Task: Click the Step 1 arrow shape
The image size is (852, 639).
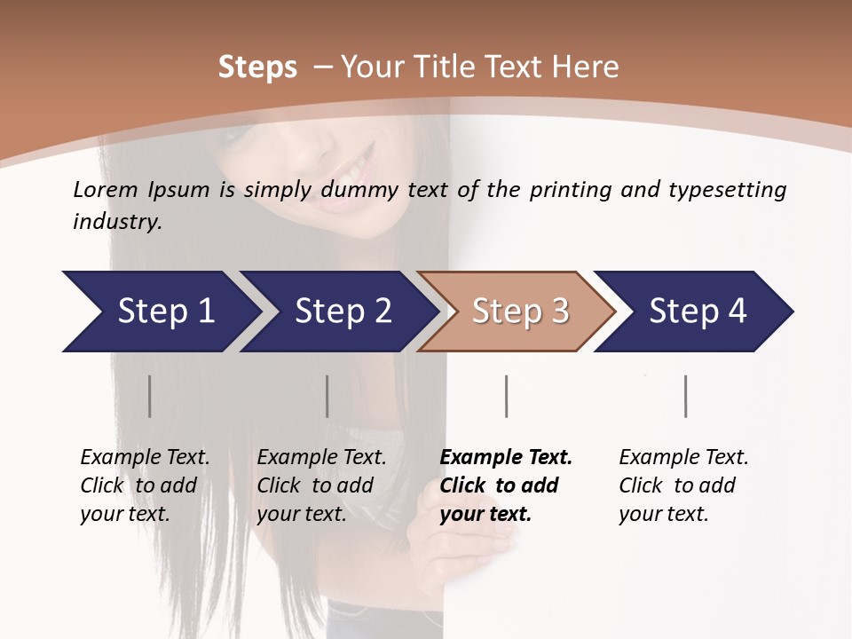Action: pyautogui.click(x=160, y=312)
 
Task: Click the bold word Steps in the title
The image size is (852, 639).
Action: pyautogui.click(x=257, y=67)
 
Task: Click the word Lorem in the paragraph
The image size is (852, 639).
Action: pyautogui.click(x=105, y=189)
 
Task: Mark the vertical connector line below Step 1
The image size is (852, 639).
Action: pyautogui.click(x=149, y=396)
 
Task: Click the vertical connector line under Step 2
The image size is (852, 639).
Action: pyautogui.click(x=327, y=396)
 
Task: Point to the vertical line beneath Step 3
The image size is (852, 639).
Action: pyautogui.click(x=506, y=396)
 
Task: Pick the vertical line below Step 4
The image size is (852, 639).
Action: pyautogui.click(x=685, y=396)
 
